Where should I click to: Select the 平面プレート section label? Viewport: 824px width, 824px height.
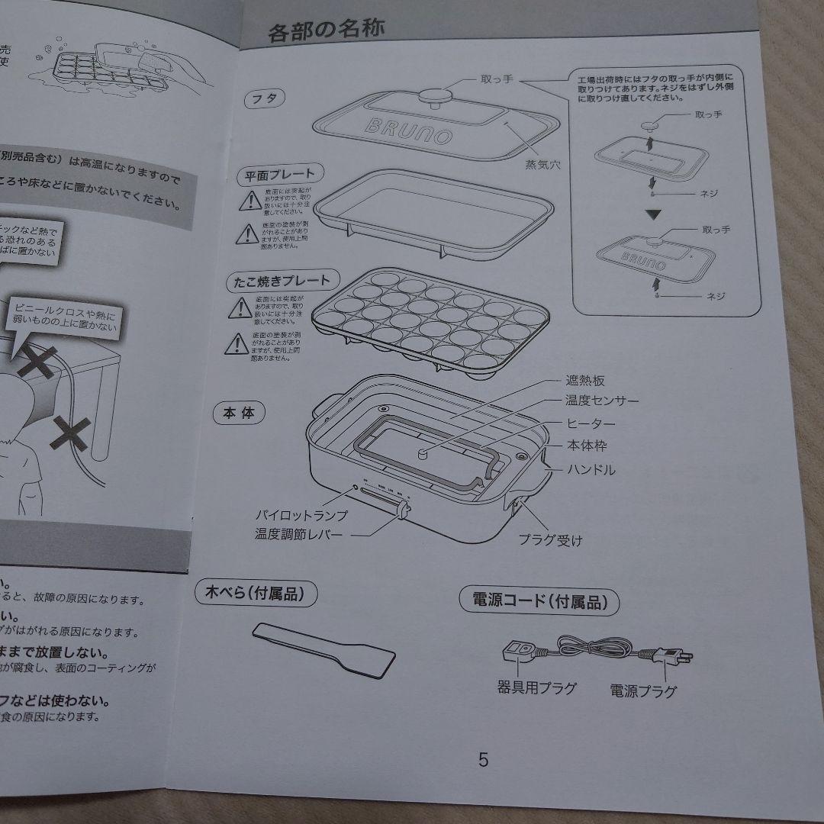278,174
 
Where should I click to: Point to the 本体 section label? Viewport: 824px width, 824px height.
239,414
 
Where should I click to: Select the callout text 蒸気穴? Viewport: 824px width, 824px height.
543,165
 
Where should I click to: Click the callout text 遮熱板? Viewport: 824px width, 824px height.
585,381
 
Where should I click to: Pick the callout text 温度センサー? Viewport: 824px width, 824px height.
603,401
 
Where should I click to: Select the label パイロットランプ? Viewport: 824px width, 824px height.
301,515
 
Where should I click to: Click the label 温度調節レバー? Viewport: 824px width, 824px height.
299,535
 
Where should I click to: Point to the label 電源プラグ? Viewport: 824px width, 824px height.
643,691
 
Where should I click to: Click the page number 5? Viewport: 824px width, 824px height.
483,760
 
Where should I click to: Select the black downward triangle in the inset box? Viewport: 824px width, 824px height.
651,214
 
